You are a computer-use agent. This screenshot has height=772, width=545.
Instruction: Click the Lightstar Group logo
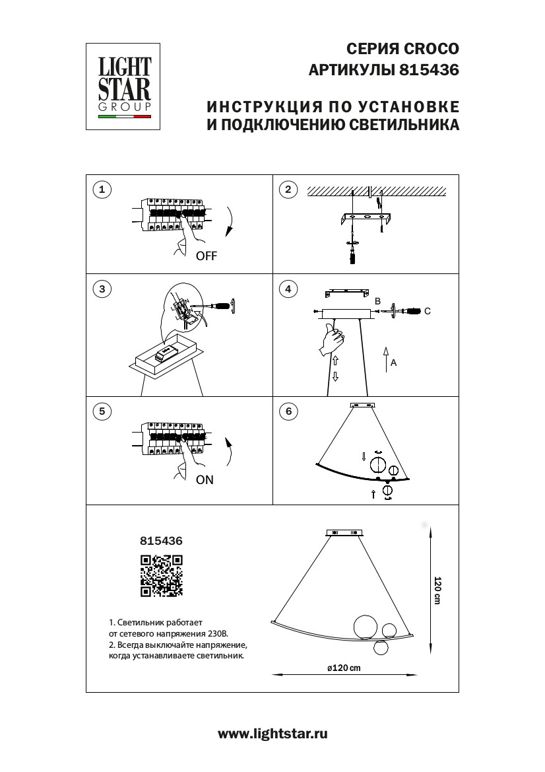click(125, 87)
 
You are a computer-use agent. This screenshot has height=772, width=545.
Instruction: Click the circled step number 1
click(101, 190)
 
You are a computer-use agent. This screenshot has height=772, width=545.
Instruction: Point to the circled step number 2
click(288, 190)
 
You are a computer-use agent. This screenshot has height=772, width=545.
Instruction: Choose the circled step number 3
click(101, 289)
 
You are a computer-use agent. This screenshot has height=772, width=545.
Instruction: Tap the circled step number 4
click(288, 289)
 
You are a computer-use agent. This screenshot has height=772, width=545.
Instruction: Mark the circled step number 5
click(101, 411)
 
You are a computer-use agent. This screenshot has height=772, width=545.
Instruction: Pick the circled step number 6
click(288, 411)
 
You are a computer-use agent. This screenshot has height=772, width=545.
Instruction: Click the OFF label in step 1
click(206, 257)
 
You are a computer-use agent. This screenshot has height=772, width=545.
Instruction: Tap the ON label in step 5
click(205, 480)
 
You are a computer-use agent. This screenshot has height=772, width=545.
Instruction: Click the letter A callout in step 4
click(393, 363)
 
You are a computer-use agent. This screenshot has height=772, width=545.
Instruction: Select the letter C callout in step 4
click(427, 311)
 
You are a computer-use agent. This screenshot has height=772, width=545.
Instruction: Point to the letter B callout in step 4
click(377, 301)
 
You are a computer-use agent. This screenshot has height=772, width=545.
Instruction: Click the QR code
click(161, 576)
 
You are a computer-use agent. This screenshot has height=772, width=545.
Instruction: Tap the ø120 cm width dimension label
click(344, 668)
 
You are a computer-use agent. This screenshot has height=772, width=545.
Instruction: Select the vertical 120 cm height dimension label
click(437, 590)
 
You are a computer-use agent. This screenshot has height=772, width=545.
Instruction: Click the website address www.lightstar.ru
click(272, 733)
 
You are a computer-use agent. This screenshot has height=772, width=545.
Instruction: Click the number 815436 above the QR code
click(161, 540)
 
